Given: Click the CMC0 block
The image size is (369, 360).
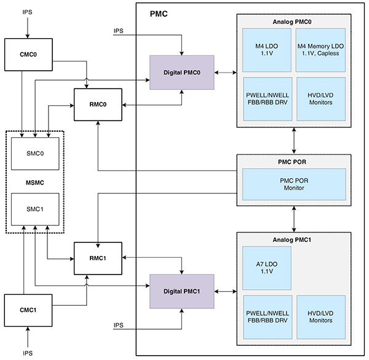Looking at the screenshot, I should point(28,54).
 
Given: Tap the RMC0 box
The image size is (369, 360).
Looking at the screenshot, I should point(98,104).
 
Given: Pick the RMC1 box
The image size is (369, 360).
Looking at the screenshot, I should point(98,258).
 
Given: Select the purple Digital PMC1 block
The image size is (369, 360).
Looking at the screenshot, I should point(181,290).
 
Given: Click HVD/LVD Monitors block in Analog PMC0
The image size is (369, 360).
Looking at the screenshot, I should point(320,98).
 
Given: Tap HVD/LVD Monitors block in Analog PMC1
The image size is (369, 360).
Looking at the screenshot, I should point(320,316).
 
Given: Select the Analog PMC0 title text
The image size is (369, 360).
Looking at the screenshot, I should point(293,22).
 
